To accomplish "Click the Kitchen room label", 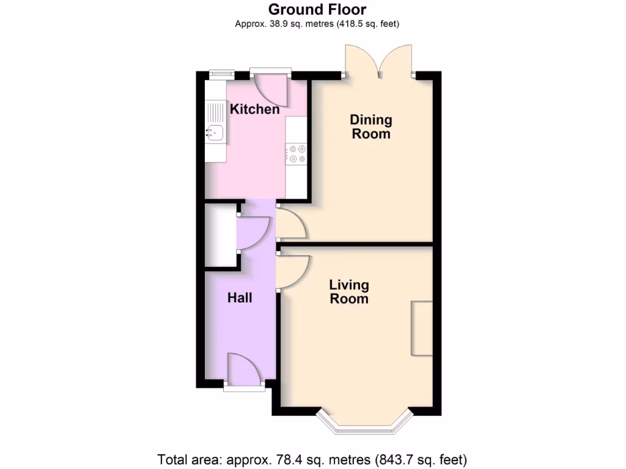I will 254,110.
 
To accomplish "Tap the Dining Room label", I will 371,126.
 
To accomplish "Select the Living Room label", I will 349,292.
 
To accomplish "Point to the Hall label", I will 240,298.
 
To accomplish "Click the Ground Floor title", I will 317,9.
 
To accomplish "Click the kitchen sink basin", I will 214,131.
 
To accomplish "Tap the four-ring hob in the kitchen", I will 298,153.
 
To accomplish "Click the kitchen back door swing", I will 270,90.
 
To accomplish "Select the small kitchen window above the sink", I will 221,75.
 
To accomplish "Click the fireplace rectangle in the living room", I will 421,328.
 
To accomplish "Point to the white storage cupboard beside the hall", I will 220,235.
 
